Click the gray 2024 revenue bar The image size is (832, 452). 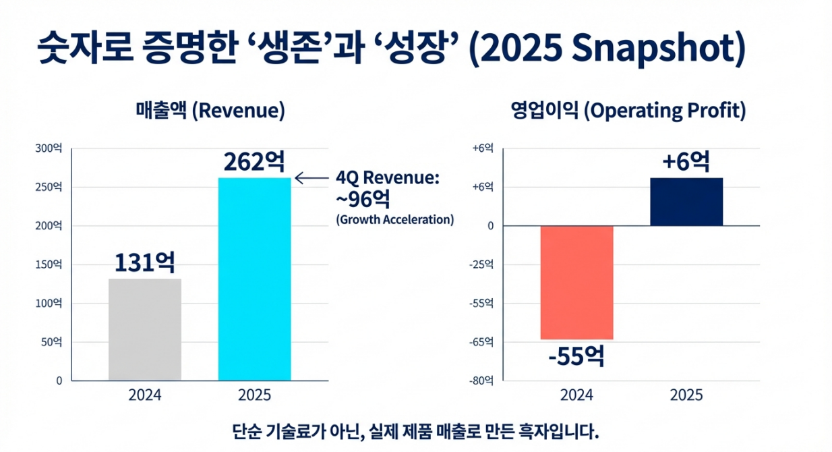coord(145,329)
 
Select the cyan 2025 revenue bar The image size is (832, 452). coord(254,279)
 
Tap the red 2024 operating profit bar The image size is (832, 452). coord(577,282)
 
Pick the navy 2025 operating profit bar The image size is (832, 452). coord(686,202)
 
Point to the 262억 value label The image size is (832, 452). coord(254,162)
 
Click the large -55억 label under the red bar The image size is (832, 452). coord(576,356)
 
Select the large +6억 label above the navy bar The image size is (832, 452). coord(686,162)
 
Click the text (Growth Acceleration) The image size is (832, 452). coord(394,220)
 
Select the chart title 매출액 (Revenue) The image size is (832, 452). coord(210,111)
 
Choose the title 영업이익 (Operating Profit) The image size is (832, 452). coord(628,111)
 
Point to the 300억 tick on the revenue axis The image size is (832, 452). coord(49,148)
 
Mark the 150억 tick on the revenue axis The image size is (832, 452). coord(49,264)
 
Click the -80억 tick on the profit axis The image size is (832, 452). coord(482,381)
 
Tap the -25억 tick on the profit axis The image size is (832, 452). coord(482,264)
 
